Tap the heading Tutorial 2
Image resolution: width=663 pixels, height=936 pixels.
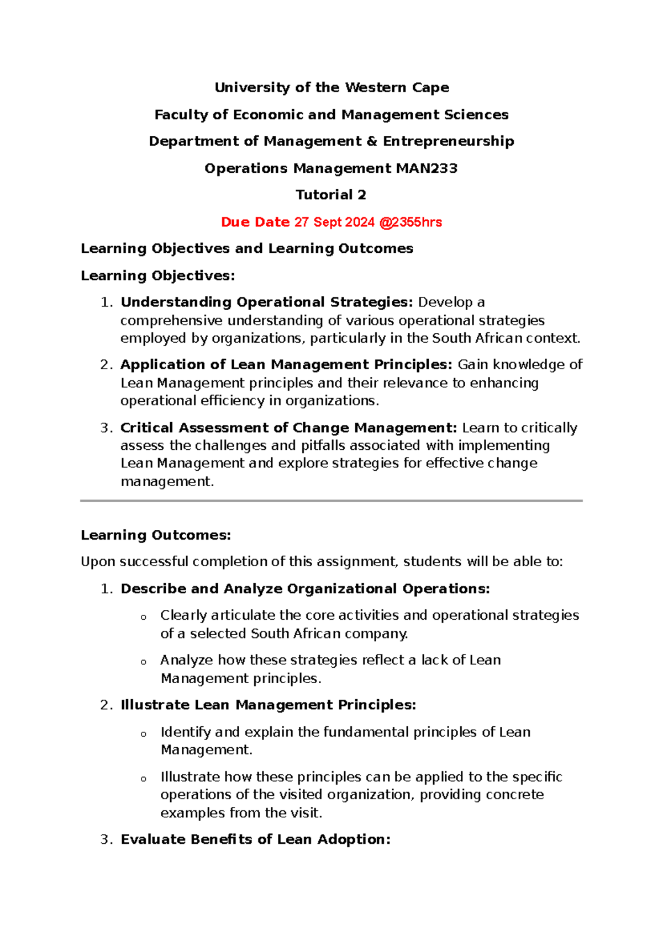coord(331,195)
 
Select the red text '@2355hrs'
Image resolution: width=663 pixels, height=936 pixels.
coord(410,222)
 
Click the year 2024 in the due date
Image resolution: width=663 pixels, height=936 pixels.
coord(360,222)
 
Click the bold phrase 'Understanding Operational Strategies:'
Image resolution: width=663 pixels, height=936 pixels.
coord(267,302)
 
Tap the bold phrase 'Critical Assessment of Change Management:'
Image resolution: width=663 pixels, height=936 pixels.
coord(288,428)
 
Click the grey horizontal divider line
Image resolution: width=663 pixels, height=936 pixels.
coord(331,501)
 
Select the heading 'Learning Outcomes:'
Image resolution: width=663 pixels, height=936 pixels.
coord(156,535)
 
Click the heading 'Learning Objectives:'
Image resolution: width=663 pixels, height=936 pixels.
coord(158,275)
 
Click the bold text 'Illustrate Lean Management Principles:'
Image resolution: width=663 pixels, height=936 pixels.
coord(268,705)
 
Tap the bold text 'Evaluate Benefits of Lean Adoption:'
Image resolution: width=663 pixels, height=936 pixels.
coord(255,839)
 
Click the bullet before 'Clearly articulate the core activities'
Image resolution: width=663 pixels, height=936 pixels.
coord(144,617)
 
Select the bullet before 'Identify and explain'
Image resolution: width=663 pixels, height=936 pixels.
coord(144,734)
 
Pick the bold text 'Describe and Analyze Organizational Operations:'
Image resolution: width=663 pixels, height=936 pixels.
coord(305,589)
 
